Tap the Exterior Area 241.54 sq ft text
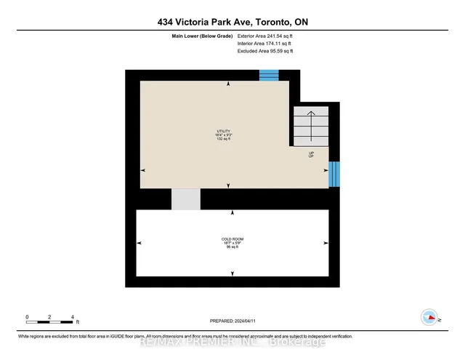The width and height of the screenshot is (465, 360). click(265, 36)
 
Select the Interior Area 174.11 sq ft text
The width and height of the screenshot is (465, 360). click(264, 44)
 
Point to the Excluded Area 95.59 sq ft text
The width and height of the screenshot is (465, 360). click(266, 51)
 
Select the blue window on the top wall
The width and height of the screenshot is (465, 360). click(270, 75)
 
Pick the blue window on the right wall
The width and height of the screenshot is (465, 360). click(334, 173)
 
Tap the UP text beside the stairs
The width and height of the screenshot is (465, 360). click(311, 155)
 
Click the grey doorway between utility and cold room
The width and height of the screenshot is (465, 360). click(185, 199)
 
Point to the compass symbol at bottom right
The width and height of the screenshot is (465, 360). click(429, 316)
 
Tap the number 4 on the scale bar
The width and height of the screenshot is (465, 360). click(72, 317)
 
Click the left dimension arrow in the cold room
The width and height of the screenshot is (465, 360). click(139, 243)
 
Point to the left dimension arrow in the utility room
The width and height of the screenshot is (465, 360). click(143, 170)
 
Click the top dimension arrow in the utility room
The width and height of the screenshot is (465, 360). click(229, 84)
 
